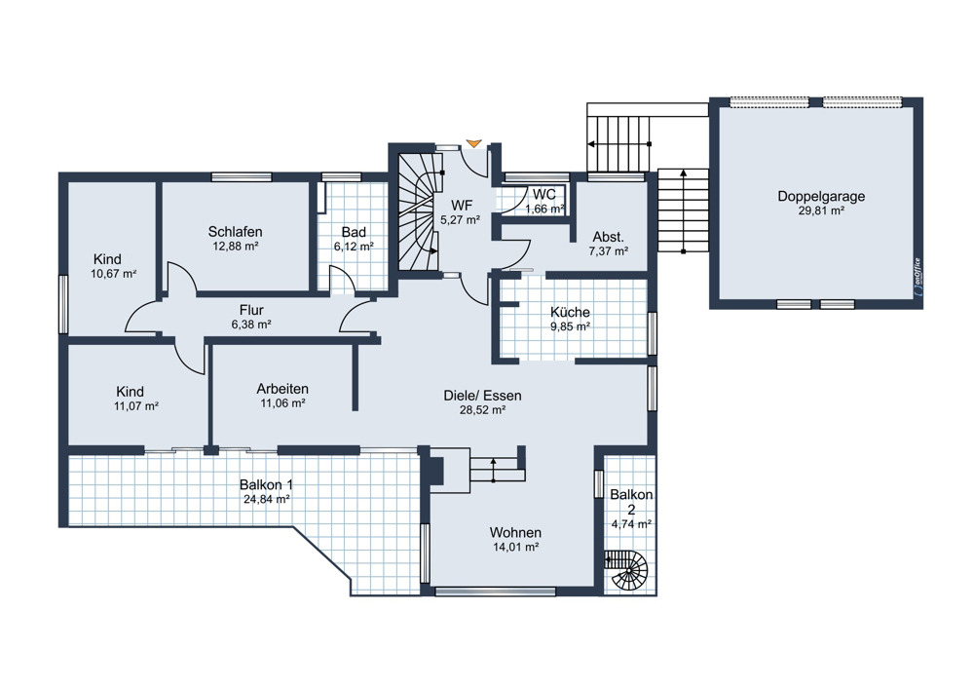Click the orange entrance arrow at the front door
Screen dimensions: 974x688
(x=474, y=144)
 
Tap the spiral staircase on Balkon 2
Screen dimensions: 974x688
(x=627, y=570)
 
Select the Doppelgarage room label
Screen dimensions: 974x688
(x=821, y=197)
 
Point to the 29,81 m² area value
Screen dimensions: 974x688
(x=821, y=210)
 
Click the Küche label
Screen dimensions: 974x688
(x=570, y=313)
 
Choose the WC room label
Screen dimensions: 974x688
(x=544, y=195)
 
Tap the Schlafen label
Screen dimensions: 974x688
(x=236, y=232)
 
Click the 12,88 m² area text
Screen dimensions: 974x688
(x=236, y=247)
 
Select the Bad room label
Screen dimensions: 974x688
(x=354, y=233)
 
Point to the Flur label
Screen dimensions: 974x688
(x=251, y=310)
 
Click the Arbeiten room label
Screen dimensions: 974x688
(x=282, y=389)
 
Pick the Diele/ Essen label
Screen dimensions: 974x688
(x=483, y=396)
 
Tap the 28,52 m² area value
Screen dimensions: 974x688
(x=483, y=410)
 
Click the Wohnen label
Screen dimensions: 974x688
(x=515, y=533)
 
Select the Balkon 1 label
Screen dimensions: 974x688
(x=267, y=484)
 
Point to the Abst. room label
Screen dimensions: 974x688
(x=609, y=237)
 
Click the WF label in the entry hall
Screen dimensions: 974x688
(x=462, y=206)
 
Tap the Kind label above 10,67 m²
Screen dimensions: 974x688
(x=107, y=259)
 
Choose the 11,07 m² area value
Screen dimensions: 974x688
(x=136, y=406)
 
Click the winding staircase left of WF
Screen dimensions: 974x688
(x=419, y=211)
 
